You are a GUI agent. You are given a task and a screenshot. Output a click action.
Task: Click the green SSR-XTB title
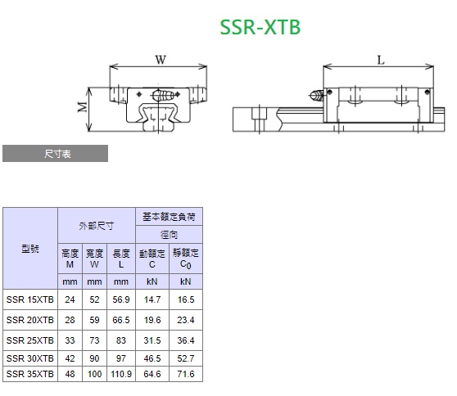(x=260, y=27)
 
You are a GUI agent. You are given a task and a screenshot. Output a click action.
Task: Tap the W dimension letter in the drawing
(x=161, y=60)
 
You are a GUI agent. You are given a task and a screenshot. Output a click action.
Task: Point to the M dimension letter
(x=83, y=107)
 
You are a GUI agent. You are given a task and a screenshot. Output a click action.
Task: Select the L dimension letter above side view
(x=381, y=61)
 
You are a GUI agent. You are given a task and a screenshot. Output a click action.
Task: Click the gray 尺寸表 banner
(x=56, y=154)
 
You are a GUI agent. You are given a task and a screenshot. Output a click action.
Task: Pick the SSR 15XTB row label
(x=30, y=299)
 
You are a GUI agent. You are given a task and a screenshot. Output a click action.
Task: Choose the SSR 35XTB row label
(x=30, y=374)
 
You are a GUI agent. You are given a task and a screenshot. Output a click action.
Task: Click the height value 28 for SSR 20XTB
(x=70, y=320)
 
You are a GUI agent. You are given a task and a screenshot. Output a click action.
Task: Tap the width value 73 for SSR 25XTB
(x=94, y=340)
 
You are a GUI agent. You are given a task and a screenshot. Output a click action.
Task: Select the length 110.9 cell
(x=121, y=374)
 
